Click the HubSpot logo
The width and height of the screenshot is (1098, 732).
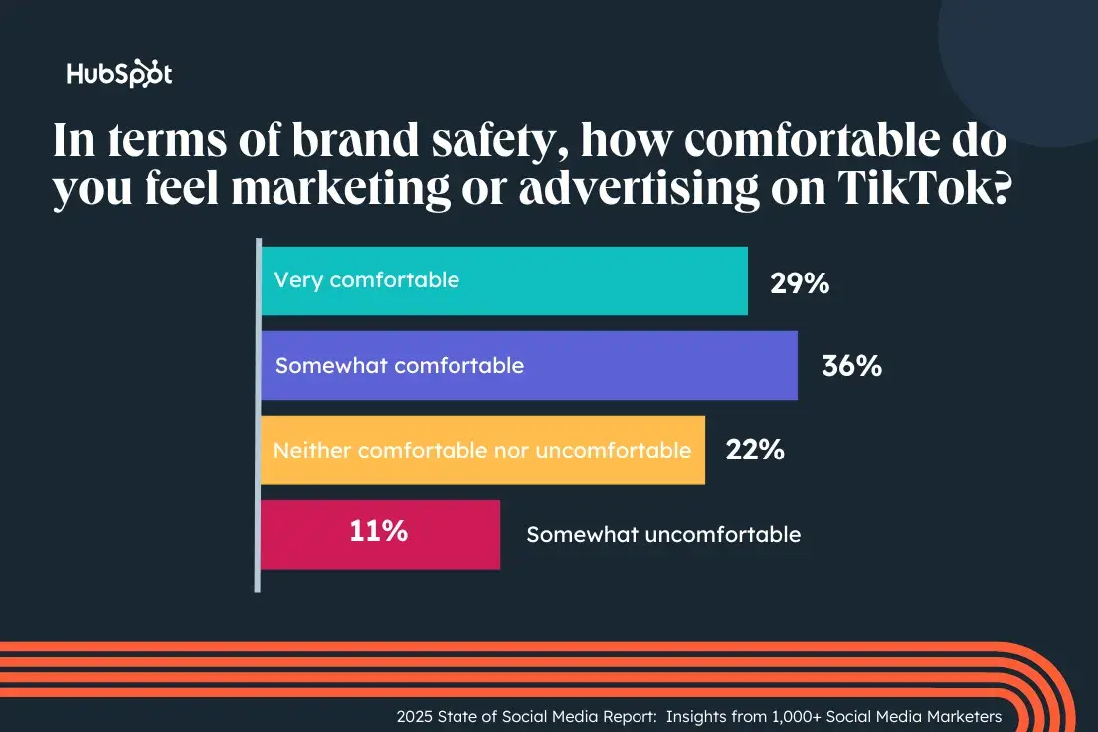coord(118,75)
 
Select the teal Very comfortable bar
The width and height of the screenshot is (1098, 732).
coord(597,281)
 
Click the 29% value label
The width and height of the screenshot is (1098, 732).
coord(800,283)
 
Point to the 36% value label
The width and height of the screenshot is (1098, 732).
coord(852,366)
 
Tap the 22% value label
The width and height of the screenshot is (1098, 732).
coord(755,451)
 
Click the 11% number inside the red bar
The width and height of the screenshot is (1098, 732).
coord(378,531)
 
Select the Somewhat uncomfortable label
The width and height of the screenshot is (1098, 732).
coord(663,535)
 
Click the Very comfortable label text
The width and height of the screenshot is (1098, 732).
coord(367,280)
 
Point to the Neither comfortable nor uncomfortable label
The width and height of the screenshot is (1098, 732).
coord(482,451)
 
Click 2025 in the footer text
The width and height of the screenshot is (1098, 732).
coord(416,716)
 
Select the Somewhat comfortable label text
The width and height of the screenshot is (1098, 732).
coord(400,366)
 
